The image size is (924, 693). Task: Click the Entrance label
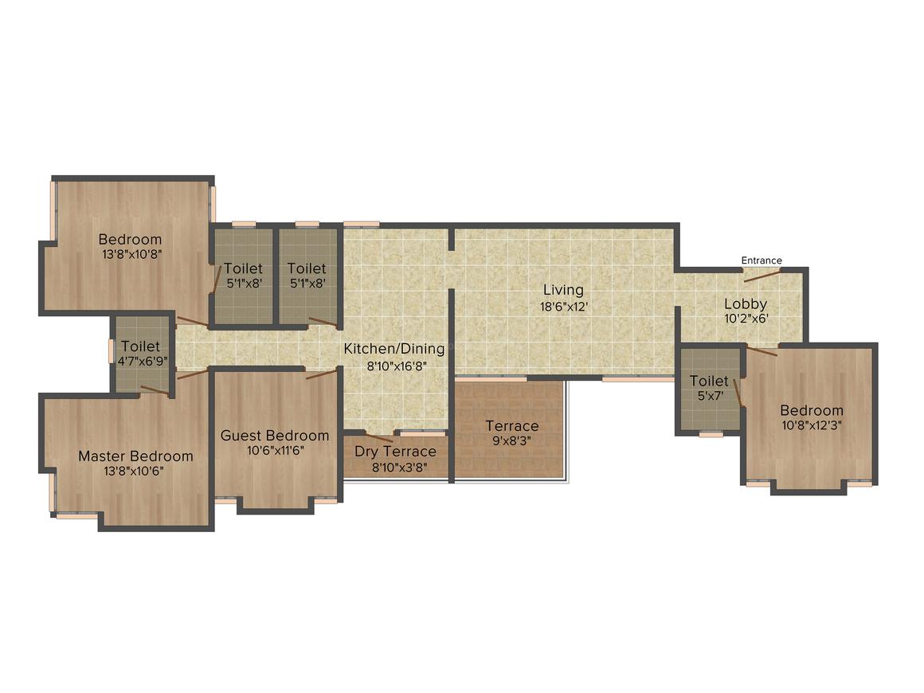pyautogui.click(x=762, y=260)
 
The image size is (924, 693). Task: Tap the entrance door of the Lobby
pyautogui.click(x=762, y=275)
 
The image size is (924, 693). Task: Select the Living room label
pyautogui.click(x=563, y=290)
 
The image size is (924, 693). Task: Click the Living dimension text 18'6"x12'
pyautogui.click(x=564, y=307)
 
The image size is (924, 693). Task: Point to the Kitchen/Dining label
pyautogui.click(x=394, y=348)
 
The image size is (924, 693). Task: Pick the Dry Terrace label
pyautogui.click(x=395, y=452)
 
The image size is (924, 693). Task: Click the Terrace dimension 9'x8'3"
pyautogui.click(x=512, y=440)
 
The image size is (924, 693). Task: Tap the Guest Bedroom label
pyautogui.click(x=275, y=436)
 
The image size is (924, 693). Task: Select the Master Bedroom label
pyautogui.click(x=135, y=456)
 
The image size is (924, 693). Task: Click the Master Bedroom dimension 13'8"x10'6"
pyautogui.click(x=134, y=471)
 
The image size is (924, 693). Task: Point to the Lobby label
pyautogui.click(x=746, y=304)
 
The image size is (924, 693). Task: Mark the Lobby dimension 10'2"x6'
pyautogui.click(x=746, y=319)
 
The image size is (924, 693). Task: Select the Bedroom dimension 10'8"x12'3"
pyautogui.click(x=812, y=425)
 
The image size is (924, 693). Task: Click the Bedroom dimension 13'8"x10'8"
pyautogui.click(x=131, y=254)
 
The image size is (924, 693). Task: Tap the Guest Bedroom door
pyautogui.click(x=321, y=374)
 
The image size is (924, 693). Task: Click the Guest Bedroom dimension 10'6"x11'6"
pyautogui.click(x=275, y=451)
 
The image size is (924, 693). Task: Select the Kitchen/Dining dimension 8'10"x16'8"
pyautogui.click(x=397, y=366)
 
